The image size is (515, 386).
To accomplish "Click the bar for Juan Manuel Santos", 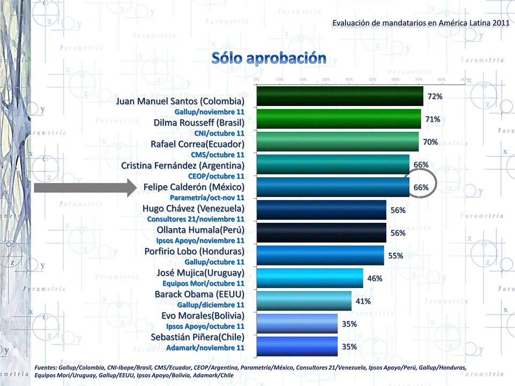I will click(x=339, y=96).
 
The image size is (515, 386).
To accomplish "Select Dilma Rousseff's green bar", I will click(x=338, y=119).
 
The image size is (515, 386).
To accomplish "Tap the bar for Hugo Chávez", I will click(x=321, y=210).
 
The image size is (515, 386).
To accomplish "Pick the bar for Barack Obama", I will click(x=304, y=301).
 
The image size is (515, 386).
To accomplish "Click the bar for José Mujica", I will click(x=309, y=278).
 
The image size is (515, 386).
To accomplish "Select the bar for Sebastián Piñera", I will click(x=297, y=346).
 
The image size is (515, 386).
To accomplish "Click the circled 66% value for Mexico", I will click(x=421, y=187).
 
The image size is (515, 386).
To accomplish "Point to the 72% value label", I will click(x=434, y=96).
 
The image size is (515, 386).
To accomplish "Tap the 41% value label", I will click(x=363, y=301).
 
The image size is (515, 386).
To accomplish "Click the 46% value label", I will click(x=375, y=278).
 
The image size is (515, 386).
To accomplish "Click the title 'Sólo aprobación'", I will click(x=268, y=58).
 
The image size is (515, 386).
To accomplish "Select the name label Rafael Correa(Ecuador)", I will click(x=197, y=144).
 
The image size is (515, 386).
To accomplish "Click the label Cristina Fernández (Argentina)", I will click(x=183, y=165).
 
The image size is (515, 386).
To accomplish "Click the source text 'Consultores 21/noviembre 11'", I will click(x=196, y=219).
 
